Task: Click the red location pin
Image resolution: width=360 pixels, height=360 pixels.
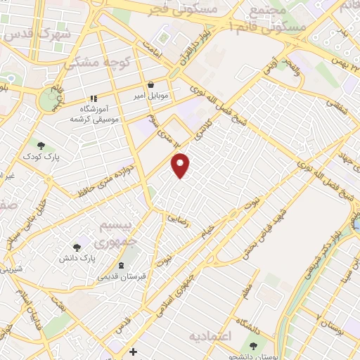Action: coord(181,165)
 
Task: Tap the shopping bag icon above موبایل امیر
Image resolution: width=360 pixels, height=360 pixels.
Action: coord(150,84)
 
